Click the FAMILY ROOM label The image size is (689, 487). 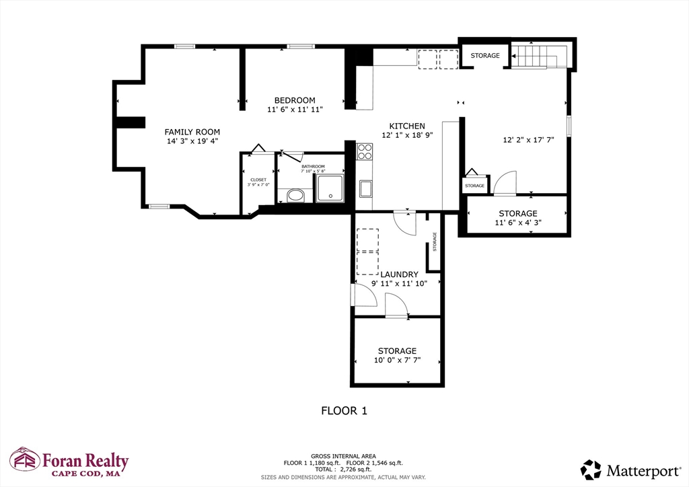(192, 132)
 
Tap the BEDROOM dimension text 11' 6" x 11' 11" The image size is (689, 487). (295, 110)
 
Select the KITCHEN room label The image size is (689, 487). (407, 126)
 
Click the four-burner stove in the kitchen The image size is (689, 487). (364, 151)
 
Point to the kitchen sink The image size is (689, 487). (365, 189)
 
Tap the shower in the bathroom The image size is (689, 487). (330, 188)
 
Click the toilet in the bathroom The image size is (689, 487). (295, 196)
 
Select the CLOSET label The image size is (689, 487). (258, 180)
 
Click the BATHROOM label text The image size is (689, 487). (313, 166)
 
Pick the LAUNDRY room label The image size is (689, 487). (399, 274)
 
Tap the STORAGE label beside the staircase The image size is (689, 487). (485, 55)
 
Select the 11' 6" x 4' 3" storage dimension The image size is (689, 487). (518, 223)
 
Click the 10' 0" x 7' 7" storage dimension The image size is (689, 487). (397, 360)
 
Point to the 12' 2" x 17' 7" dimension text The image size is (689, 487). (529, 140)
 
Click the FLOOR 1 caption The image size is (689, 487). (344, 411)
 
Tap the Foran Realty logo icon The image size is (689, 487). (25, 459)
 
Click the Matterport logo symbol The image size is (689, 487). (591, 470)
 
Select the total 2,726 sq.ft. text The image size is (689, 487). (343, 470)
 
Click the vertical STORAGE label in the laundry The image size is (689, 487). (435, 241)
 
